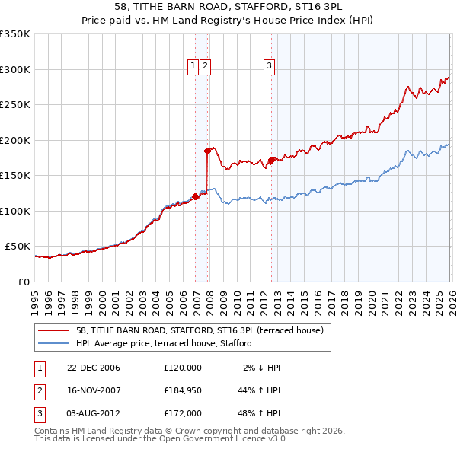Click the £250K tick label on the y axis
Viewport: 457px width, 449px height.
coord(15,105)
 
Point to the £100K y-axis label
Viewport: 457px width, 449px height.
coord(15,211)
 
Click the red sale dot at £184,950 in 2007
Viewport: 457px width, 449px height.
coord(207,151)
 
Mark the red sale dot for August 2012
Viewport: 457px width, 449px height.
coord(271,160)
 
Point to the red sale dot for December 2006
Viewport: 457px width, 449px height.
coord(196,196)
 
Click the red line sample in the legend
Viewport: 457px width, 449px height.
coord(55,330)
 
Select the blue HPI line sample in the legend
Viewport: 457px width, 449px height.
coord(55,343)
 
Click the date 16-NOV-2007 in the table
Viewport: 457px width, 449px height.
coord(94,390)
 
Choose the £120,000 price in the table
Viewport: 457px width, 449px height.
coord(182,368)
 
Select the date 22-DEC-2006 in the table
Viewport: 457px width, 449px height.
coord(94,368)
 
